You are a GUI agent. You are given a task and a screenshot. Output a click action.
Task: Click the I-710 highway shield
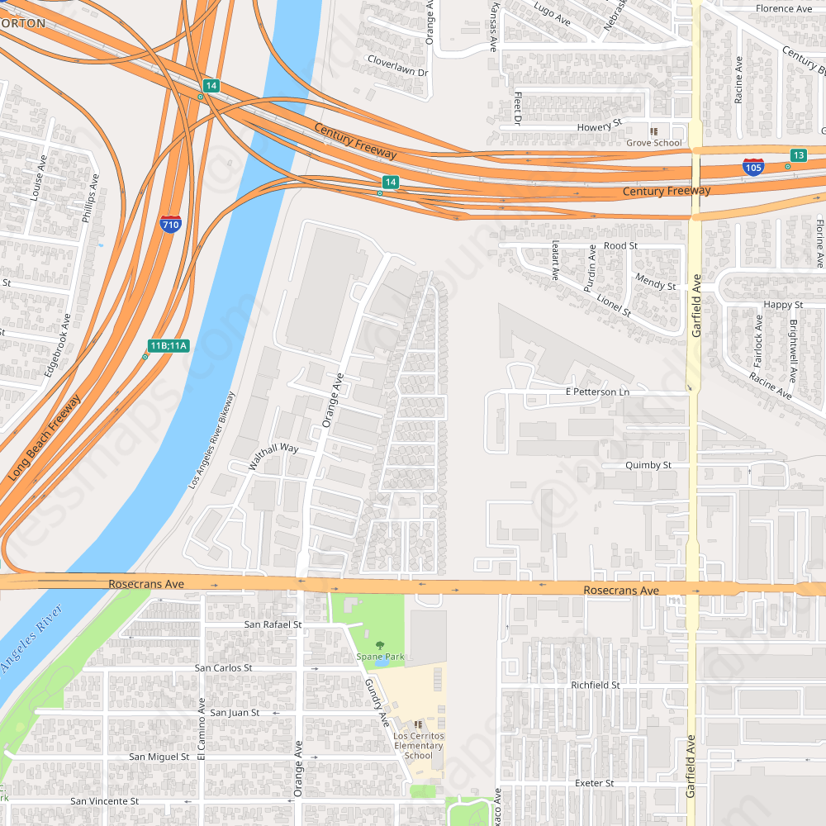tap(170, 223)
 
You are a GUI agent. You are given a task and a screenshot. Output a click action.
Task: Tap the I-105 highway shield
tap(752, 167)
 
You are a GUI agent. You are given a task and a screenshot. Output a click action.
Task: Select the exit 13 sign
tap(798, 155)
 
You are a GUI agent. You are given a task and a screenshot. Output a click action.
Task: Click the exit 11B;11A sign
tap(169, 345)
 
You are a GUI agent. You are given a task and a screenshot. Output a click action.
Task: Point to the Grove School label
tap(654, 143)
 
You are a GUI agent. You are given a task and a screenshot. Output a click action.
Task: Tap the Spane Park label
tap(380, 657)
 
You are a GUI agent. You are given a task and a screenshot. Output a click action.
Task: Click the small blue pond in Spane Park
tap(380, 662)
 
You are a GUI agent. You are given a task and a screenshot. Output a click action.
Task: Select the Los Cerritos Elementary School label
tap(419, 745)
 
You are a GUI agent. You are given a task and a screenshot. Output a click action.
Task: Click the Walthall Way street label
tap(274, 457)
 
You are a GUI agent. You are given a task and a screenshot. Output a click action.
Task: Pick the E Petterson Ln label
tap(597, 392)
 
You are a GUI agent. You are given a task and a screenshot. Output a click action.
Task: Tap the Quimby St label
tap(648, 465)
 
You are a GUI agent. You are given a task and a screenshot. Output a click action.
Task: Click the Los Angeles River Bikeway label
tap(211, 440)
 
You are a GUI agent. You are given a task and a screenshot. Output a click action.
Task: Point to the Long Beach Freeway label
tap(45, 439)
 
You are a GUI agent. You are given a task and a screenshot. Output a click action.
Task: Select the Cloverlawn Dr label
tap(398, 72)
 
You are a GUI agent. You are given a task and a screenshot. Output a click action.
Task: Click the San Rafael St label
tap(273, 624)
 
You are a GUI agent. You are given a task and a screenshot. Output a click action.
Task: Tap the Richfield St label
tap(595, 686)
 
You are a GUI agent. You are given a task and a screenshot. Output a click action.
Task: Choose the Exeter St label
tap(594, 783)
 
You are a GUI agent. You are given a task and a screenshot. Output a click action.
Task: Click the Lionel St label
tap(614, 306)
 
